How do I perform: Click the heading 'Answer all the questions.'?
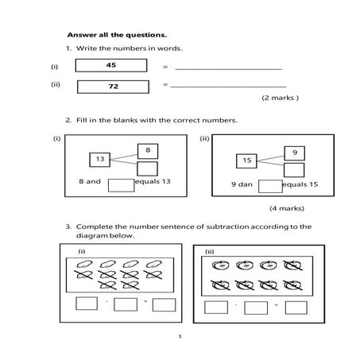tap(117, 35)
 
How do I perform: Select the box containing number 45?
tap(110, 66)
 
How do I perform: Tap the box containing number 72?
tap(112, 86)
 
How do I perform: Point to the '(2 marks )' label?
tap(280, 99)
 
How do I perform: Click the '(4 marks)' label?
tap(285, 208)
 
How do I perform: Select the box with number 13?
tap(99, 160)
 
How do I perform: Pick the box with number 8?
tap(147, 149)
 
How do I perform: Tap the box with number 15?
tap(246, 161)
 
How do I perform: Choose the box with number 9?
tap(294, 152)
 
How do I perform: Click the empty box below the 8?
tap(147, 168)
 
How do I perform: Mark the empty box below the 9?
tap(294, 170)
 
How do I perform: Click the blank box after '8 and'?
tap(120, 185)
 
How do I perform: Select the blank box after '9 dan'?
tap(270, 187)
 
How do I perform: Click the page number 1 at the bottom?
tap(180, 336)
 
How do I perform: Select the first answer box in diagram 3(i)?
tap(87, 304)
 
